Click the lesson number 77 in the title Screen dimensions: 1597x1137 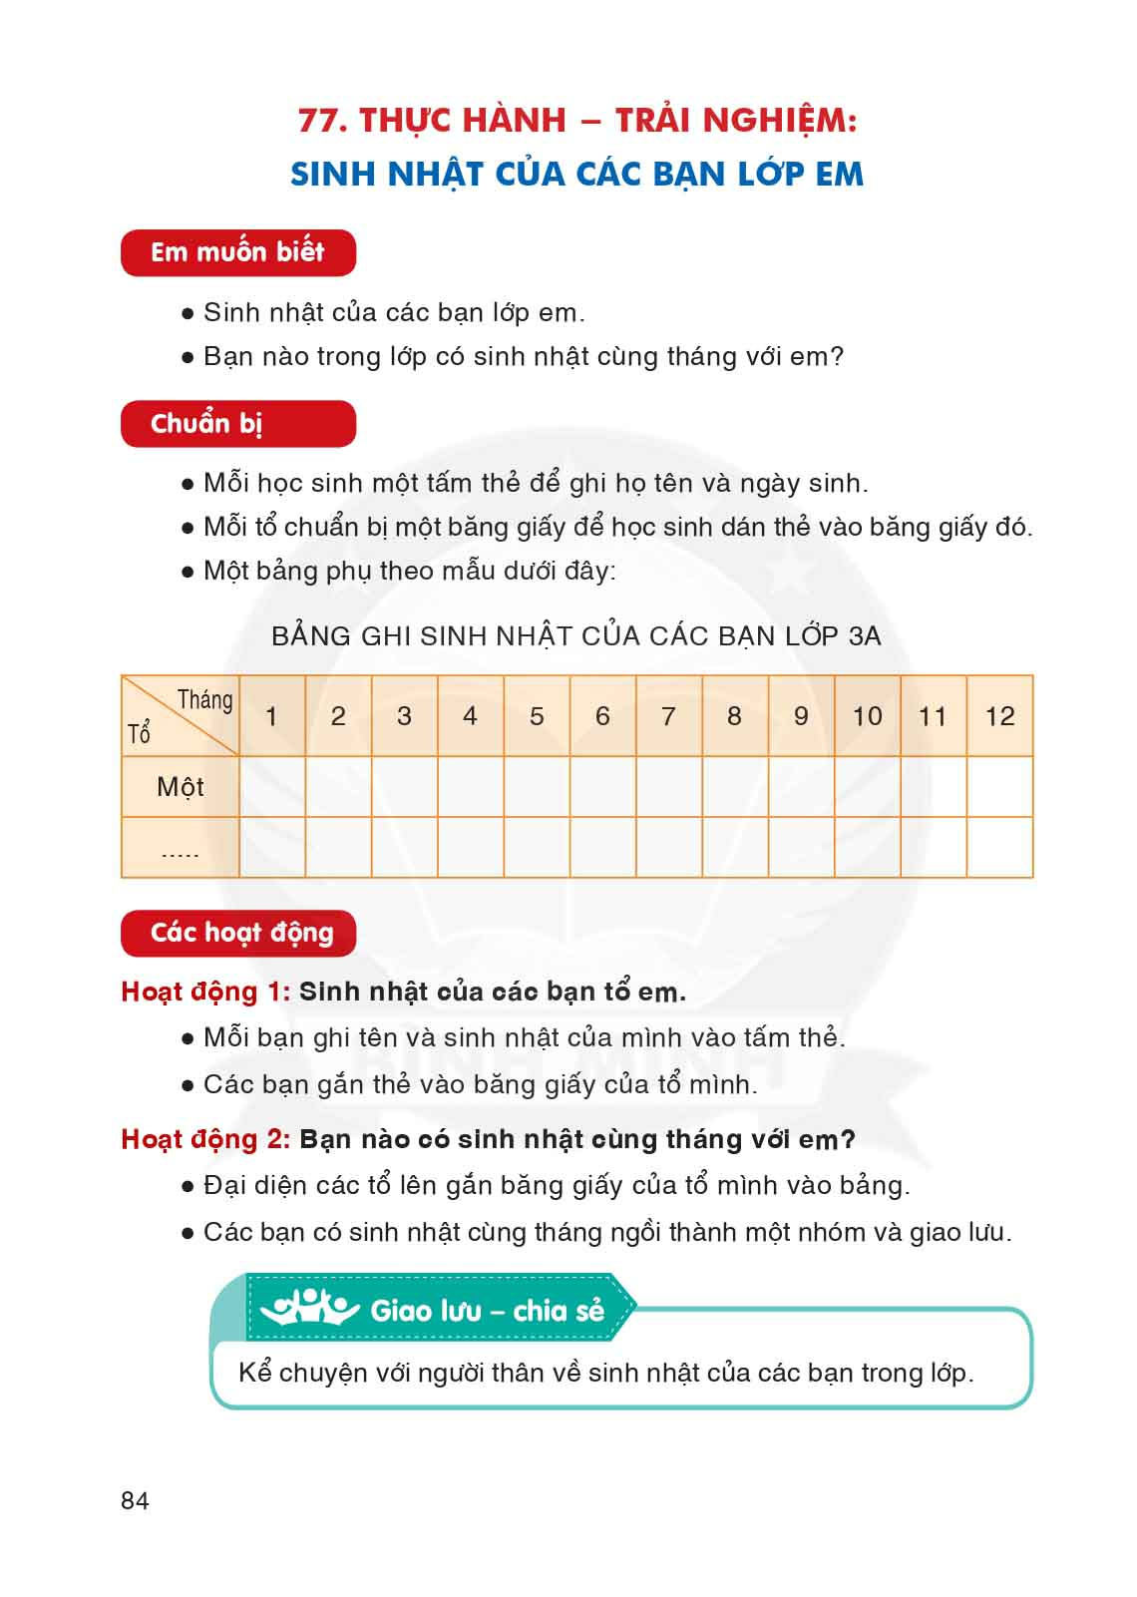[x=321, y=121]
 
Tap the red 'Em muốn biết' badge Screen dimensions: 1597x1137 [x=237, y=252]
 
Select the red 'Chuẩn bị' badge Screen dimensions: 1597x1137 [x=237, y=424]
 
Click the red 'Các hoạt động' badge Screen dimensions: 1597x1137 [x=237, y=933]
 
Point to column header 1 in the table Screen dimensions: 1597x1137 [x=271, y=716]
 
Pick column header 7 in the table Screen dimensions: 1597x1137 [x=668, y=716]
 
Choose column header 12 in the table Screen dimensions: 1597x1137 [x=999, y=716]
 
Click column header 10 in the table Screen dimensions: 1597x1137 [x=867, y=716]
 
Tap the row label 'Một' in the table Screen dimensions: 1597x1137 [x=180, y=787]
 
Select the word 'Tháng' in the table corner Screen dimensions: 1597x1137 [x=204, y=700]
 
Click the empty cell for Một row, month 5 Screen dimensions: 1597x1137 [x=537, y=787]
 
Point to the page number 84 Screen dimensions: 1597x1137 [x=135, y=1500]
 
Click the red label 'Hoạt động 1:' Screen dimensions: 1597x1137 [x=204, y=992]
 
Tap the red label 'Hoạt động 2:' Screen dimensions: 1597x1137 [x=204, y=1139]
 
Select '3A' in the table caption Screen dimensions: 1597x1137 [x=865, y=636]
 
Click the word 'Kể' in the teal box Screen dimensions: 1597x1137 [x=254, y=1373]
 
